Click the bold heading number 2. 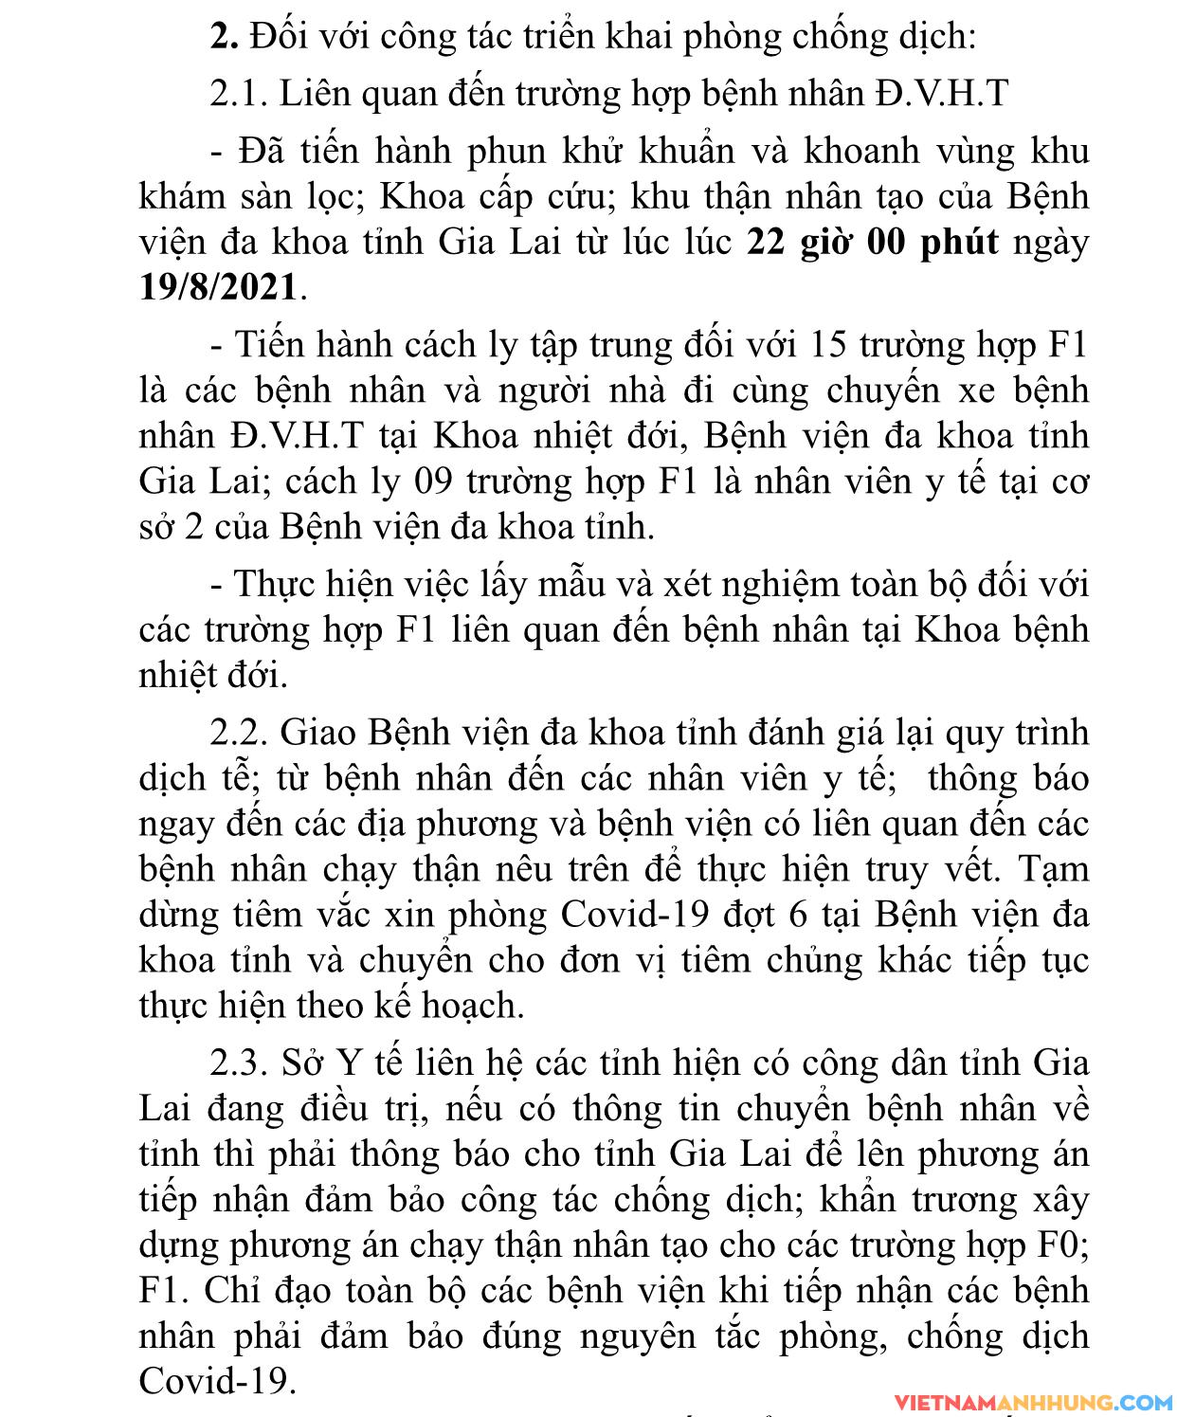(x=224, y=38)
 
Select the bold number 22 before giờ (x=768, y=243)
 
